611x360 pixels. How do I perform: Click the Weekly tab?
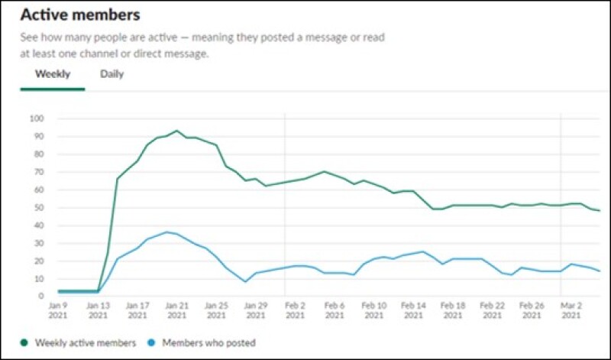point(52,74)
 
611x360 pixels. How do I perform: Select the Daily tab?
point(112,74)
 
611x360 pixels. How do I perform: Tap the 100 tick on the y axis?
point(37,118)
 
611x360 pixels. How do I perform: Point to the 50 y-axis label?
point(38,208)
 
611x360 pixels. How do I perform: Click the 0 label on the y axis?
point(41,297)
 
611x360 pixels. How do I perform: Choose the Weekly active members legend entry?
point(83,343)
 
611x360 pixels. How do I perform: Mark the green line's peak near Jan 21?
point(176,131)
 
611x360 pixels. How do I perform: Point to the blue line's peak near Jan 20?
point(166,232)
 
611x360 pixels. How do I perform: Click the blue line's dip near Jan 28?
point(245,281)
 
